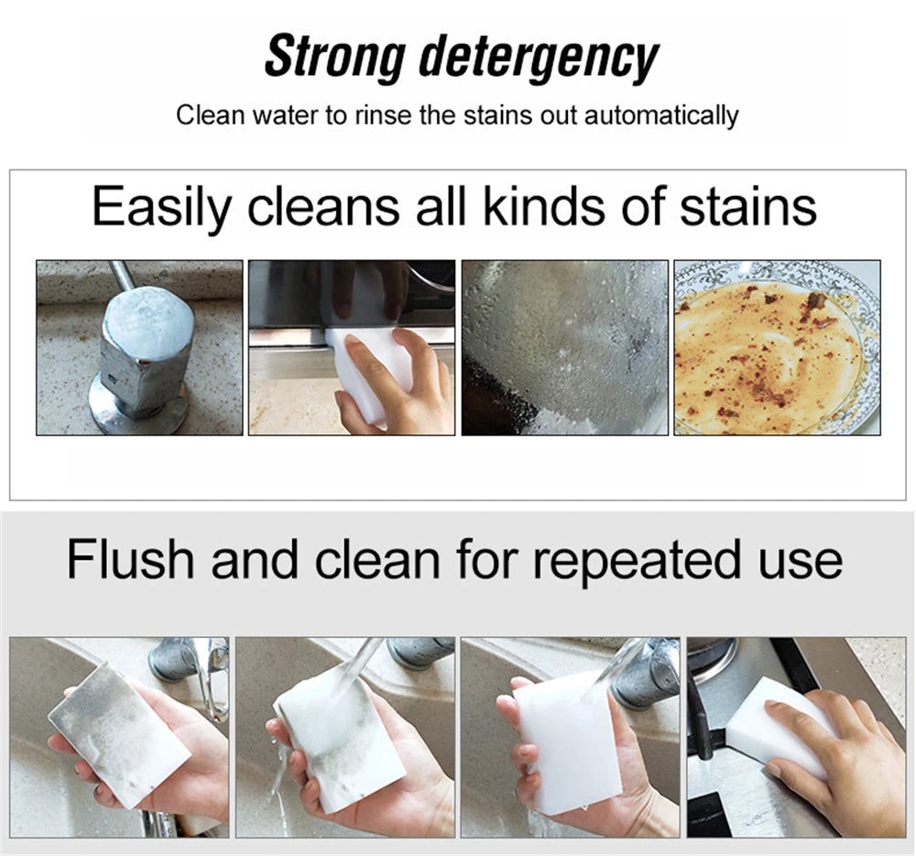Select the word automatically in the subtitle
point(661,116)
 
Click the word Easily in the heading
point(162,207)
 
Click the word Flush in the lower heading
point(131,559)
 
